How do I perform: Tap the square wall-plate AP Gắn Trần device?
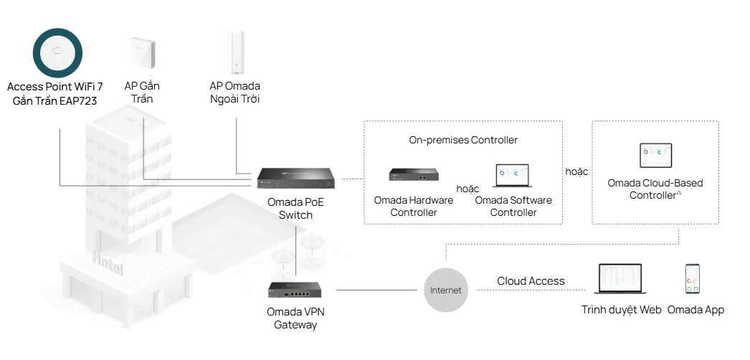[142, 52]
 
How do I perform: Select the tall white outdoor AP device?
[235, 52]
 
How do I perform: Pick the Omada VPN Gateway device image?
[295, 289]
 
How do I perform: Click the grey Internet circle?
[446, 290]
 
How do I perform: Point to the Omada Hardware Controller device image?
[414, 174]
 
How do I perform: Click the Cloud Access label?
[531, 281]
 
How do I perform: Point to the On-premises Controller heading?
[463, 140]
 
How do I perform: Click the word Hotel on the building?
[108, 262]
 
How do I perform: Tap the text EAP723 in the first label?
[79, 101]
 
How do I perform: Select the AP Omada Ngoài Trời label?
[235, 93]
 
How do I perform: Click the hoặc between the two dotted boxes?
[576, 172]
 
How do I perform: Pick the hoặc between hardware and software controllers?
[467, 189]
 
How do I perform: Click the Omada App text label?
[696, 310]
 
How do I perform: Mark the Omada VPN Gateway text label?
[295, 318]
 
